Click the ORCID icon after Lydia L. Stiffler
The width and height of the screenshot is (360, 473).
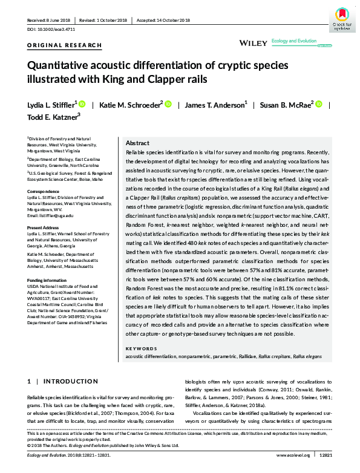pyautogui.click(x=82, y=104)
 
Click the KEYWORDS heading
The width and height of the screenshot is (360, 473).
pyautogui.click(x=140, y=349)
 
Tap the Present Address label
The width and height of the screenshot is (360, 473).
pyautogui.click(x=44, y=227)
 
